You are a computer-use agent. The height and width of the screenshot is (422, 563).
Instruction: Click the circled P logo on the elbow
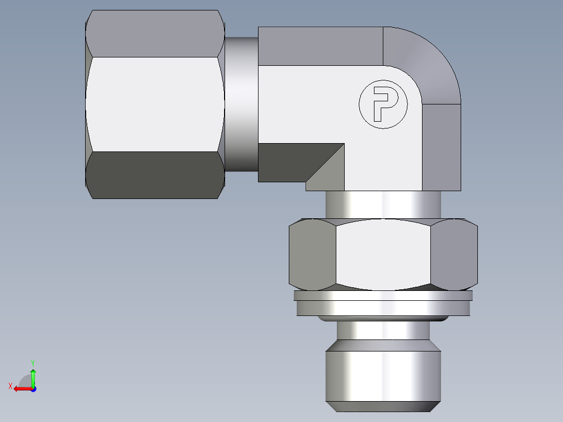click(383, 104)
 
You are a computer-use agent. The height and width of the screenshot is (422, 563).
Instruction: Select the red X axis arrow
click(21, 389)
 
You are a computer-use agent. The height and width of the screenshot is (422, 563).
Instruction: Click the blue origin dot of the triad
click(33, 389)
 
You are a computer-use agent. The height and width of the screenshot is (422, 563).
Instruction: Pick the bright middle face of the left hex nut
click(154, 104)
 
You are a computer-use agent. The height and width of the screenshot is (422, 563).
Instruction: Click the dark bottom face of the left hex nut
click(154, 175)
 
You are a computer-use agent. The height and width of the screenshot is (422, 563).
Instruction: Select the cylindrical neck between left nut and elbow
click(241, 104)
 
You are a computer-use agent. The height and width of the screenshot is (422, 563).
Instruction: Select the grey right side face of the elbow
click(441, 146)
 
